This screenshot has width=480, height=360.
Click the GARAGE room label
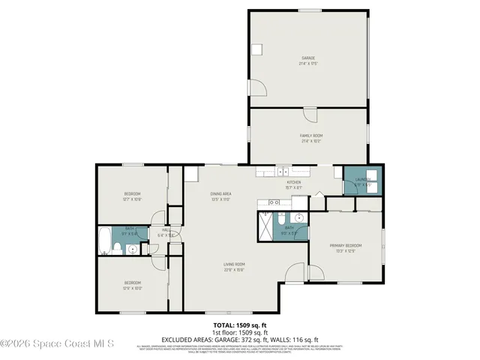308,58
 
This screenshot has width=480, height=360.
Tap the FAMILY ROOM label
311,136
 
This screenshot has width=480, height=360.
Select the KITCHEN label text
293,183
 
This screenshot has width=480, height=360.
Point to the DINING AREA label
220,193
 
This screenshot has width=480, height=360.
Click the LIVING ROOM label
234,264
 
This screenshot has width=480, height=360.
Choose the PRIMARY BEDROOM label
346,246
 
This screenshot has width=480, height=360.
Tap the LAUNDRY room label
363,180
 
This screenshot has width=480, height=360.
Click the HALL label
166,229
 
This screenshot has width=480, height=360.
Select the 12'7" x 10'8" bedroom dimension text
132,199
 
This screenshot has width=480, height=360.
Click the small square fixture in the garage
256,50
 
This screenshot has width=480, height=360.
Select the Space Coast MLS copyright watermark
57,344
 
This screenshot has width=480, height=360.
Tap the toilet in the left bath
132,250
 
